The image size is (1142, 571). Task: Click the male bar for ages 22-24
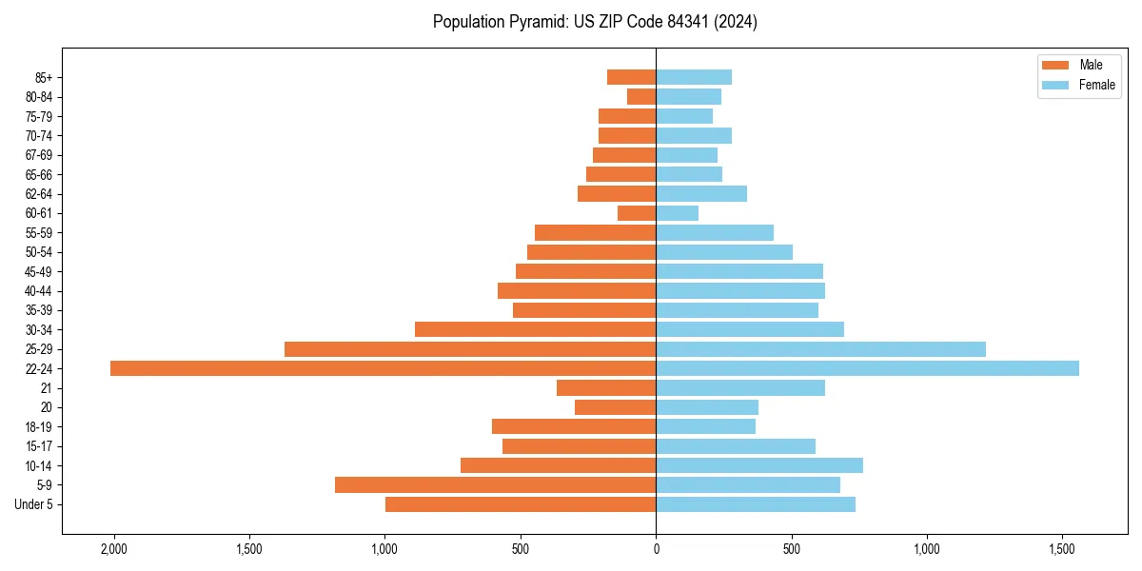pos(383,368)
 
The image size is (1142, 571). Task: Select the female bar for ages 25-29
pos(820,349)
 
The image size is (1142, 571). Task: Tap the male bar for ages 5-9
pos(495,485)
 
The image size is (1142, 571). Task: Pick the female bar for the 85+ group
pos(694,77)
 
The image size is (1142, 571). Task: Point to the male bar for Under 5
pos(521,504)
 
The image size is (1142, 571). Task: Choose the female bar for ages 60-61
pos(677,213)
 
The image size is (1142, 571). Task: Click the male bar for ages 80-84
pos(641,96)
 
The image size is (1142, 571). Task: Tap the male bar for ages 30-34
pos(535,329)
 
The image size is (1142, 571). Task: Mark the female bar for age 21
pos(740,388)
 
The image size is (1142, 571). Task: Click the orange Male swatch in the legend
pos(1056,66)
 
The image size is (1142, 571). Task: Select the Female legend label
pos(1097,85)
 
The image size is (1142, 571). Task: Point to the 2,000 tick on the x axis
pos(113,549)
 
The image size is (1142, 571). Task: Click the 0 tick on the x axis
pos(656,549)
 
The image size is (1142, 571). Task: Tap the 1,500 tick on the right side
pos(1062,549)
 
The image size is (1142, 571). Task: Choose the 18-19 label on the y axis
pos(39,427)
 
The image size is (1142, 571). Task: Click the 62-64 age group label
pos(39,194)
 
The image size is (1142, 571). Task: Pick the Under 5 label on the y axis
pos(33,504)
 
